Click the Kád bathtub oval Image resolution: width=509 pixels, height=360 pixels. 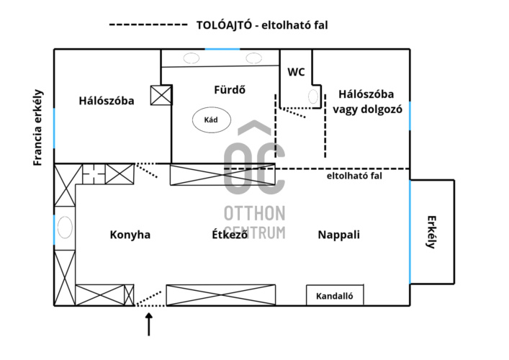[x=211, y=120]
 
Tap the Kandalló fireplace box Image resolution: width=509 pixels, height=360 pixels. [x=335, y=295]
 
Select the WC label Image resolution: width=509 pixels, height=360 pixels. [x=296, y=72]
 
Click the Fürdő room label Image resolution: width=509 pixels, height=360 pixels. [x=230, y=90]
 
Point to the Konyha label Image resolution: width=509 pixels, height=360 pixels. [x=130, y=235]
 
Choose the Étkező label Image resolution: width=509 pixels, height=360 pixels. [x=230, y=235]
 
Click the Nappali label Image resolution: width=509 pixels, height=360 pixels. [x=338, y=235]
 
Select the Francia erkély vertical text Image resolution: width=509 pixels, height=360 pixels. [x=39, y=127]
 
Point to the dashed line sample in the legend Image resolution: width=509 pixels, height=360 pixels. [x=148, y=24]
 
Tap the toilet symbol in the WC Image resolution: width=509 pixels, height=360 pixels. [x=314, y=96]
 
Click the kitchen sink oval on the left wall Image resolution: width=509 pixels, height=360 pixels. [x=64, y=228]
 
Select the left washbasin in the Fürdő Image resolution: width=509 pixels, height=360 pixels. [x=191, y=58]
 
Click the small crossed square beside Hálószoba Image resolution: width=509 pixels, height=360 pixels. [x=161, y=96]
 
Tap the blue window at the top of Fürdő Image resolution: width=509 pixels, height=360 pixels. [x=222, y=49]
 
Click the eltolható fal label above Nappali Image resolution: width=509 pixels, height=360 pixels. [x=354, y=176]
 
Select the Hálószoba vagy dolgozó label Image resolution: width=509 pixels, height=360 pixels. [x=366, y=102]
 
